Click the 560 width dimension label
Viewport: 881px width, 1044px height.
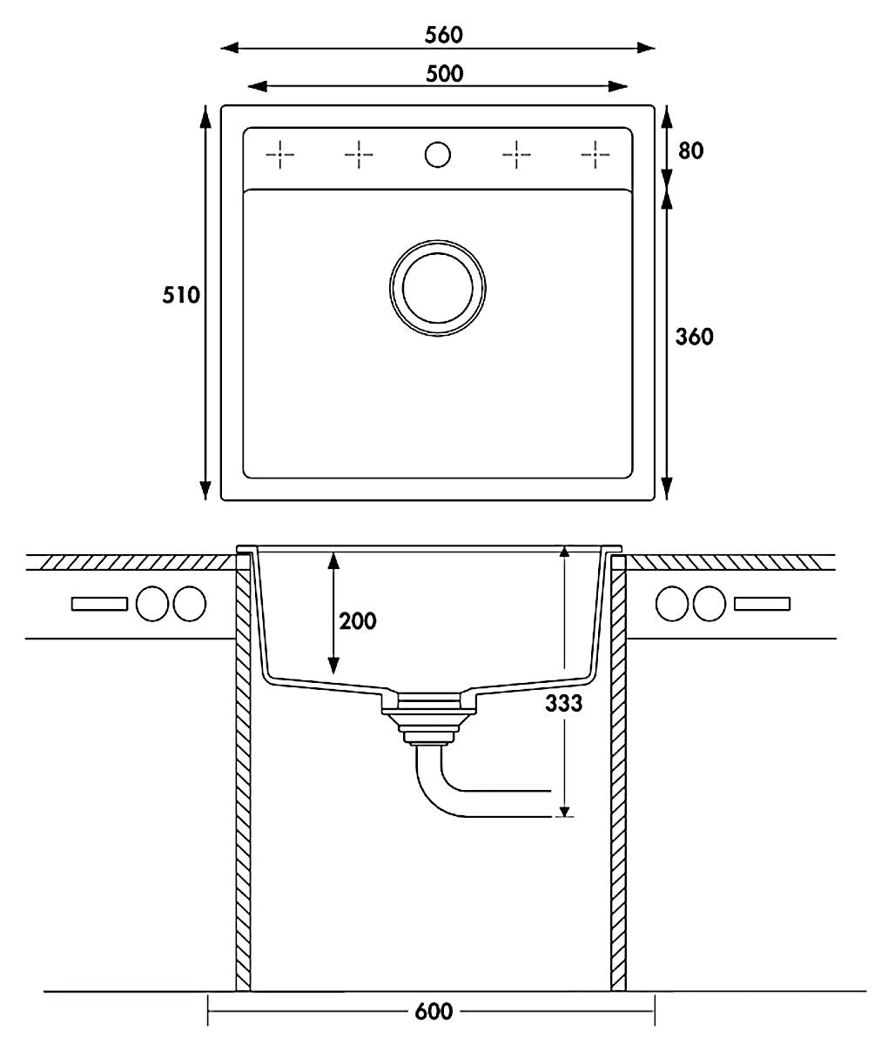(x=444, y=35)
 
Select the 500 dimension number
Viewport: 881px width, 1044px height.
(x=444, y=74)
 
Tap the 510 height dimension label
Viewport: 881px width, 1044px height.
(x=181, y=295)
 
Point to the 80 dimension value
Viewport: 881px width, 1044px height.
(x=691, y=151)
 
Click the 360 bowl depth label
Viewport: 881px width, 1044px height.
(x=695, y=337)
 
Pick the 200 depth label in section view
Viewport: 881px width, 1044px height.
(x=358, y=621)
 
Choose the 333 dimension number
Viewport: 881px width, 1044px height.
(x=564, y=704)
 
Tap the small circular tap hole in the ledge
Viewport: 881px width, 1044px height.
(x=437, y=155)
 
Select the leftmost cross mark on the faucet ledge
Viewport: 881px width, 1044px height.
(x=279, y=155)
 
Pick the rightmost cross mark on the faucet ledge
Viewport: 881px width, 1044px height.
(x=595, y=155)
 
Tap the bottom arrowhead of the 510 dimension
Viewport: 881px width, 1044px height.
(x=205, y=491)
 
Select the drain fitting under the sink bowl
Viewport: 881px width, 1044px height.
(x=428, y=719)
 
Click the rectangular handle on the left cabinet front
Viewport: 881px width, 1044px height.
(x=99, y=604)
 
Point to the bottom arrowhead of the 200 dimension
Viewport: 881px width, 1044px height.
(x=333, y=666)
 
